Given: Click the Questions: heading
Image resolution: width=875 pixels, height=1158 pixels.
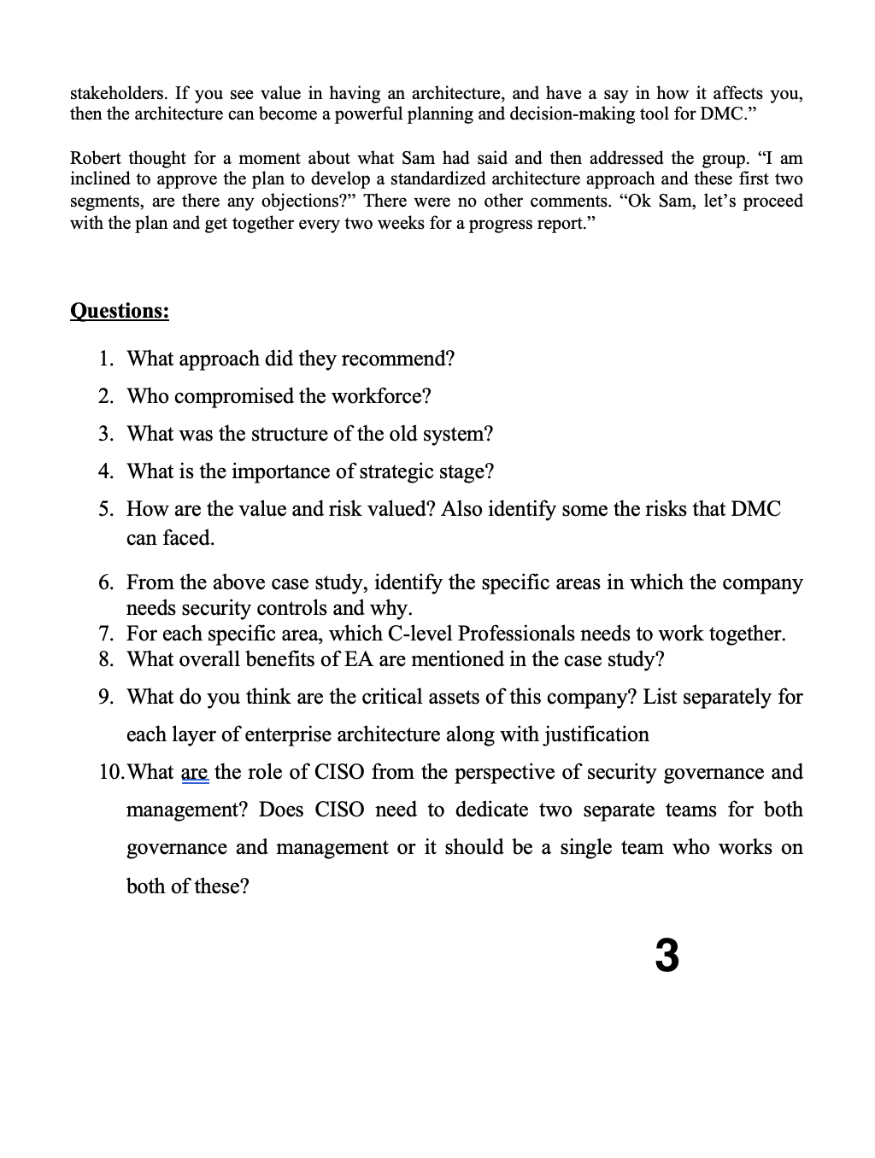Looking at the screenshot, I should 119,310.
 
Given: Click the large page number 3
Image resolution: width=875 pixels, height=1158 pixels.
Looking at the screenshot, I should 667,956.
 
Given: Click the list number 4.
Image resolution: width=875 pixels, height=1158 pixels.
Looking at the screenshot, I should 104,471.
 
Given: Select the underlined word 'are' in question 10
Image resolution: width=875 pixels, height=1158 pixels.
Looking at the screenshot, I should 194,773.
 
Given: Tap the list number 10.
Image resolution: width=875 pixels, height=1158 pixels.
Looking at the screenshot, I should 110,773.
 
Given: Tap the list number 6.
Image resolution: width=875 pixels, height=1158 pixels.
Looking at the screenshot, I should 104,582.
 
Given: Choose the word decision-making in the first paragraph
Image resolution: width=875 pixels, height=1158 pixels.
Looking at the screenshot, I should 571,114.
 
